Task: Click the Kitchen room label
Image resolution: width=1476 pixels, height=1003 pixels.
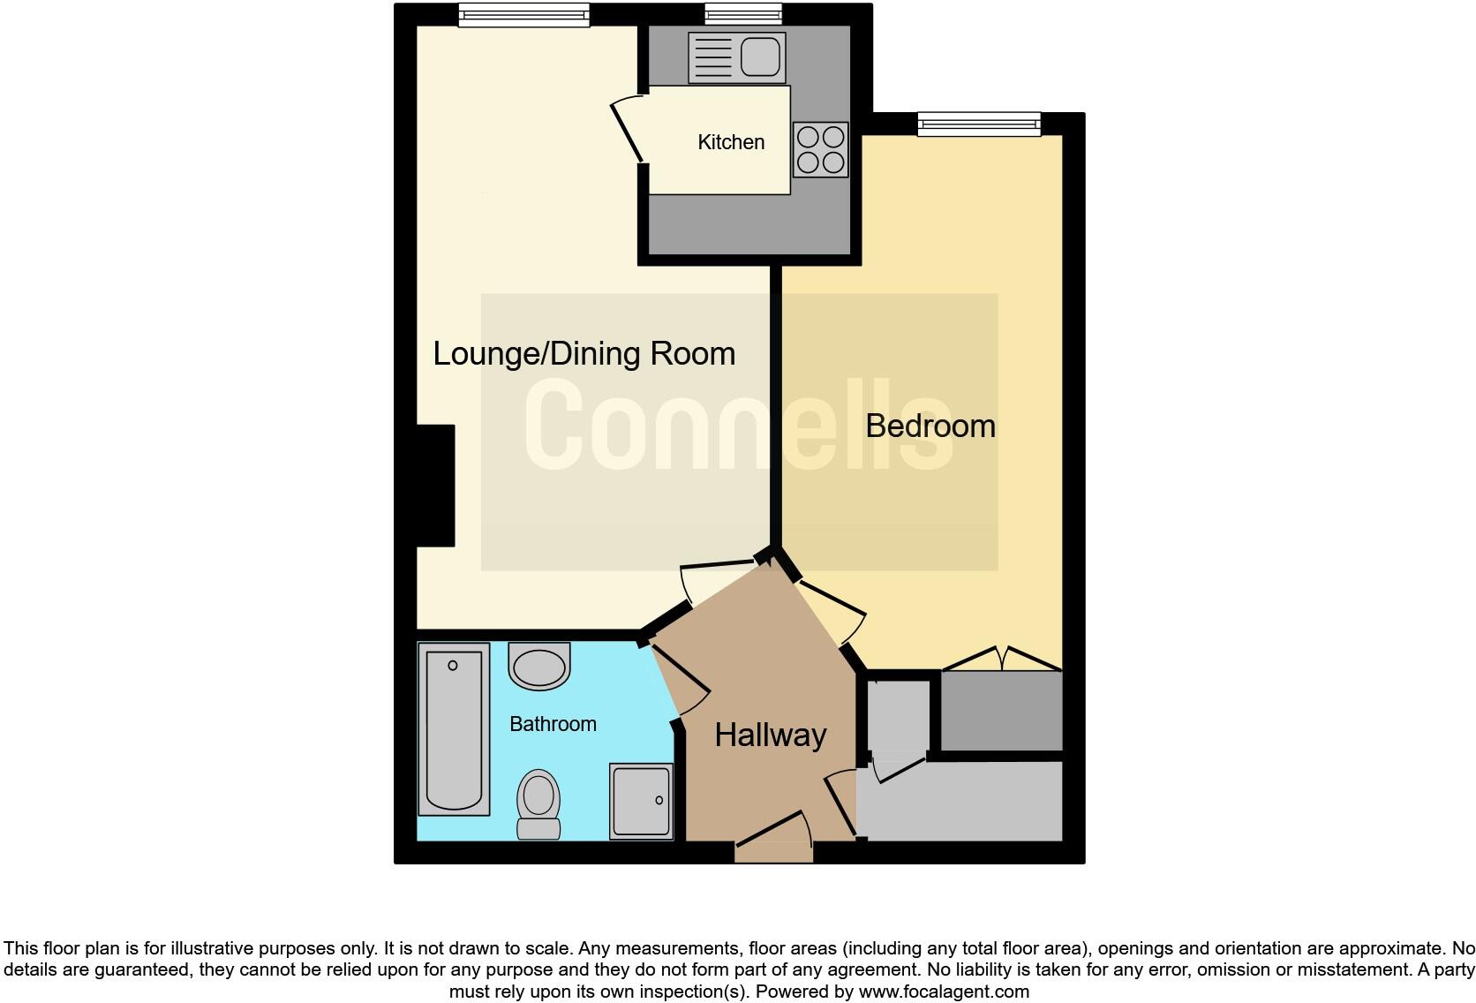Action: point(730,142)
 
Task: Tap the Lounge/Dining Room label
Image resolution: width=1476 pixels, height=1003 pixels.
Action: point(584,353)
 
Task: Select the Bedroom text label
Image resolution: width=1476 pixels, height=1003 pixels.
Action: point(930,426)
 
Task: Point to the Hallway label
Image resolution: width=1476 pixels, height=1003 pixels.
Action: point(770,735)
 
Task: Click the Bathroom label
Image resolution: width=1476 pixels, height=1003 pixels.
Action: point(553,724)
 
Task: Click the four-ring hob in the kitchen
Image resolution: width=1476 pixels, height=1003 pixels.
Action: point(820,150)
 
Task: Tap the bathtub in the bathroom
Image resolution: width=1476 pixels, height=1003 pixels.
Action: point(454,729)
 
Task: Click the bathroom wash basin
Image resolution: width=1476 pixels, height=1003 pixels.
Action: point(539,667)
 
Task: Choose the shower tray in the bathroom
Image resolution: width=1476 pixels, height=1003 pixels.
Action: point(641,802)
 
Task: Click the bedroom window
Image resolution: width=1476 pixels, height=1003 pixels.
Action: point(979,124)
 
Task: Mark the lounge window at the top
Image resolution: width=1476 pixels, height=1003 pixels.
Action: point(523,15)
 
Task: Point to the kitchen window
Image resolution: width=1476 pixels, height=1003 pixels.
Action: point(743,14)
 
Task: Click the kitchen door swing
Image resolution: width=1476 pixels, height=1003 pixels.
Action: point(628,128)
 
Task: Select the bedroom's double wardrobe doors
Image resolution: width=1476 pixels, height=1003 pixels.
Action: point(1001,659)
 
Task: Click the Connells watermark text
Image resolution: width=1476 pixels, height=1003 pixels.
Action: point(738,425)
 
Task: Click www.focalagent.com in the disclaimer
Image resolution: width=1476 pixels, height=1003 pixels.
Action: point(944,992)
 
